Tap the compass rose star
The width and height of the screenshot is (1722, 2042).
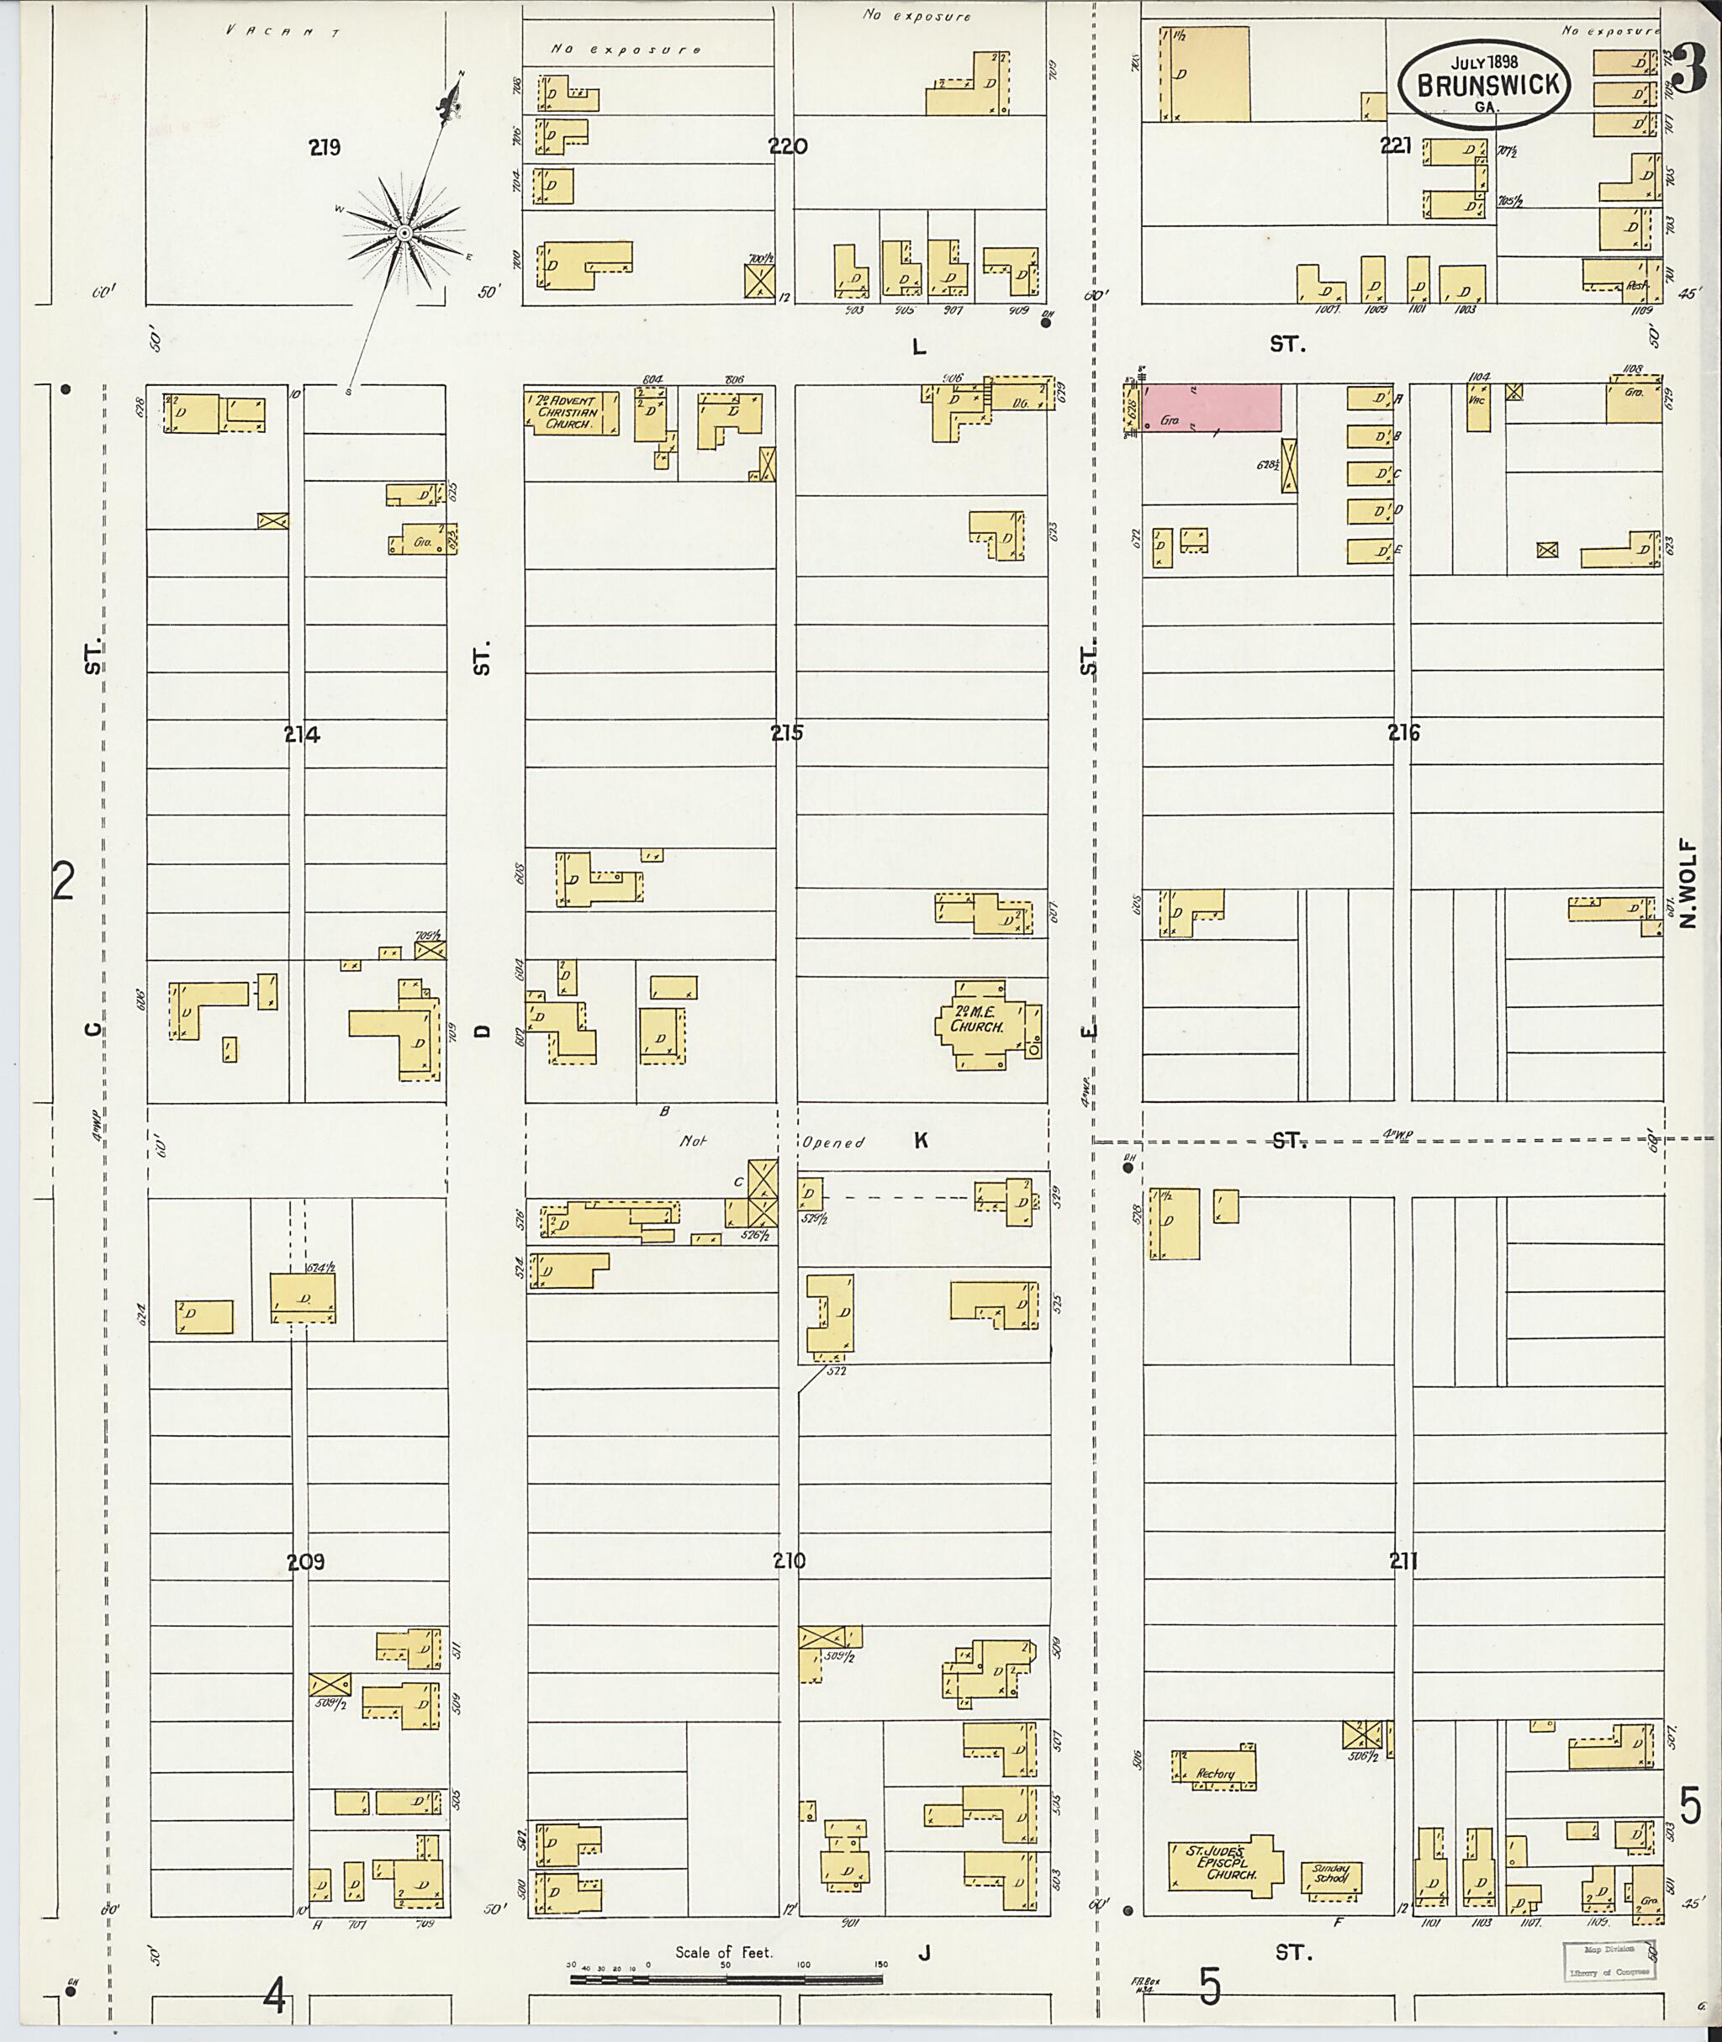click(x=403, y=232)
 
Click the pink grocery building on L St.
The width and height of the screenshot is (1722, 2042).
click(x=1212, y=407)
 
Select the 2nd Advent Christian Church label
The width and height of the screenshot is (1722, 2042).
click(x=570, y=412)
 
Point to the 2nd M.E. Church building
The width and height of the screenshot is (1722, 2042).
click(x=984, y=1024)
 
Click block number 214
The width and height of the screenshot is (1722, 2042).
click(x=302, y=735)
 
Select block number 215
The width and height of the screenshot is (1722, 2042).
click(x=786, y=732)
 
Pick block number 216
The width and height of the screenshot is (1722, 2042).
click(x=1404, y=732)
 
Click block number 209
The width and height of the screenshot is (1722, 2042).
click(x=305, y=1562)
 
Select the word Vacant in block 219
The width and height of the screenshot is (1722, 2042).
click(x=283, y=31)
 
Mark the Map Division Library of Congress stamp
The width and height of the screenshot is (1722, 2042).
click(x=1609, y=1960)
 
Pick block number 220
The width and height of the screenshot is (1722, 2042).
click(x=788, y=147)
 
